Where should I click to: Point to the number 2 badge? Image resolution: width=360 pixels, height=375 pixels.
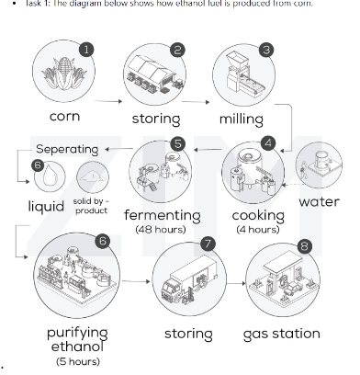coord(178,51)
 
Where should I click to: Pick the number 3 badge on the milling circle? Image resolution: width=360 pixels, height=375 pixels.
coord(266,51)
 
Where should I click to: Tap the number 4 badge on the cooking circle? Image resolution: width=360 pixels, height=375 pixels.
coord(267,142)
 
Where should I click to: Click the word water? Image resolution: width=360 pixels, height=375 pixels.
coord(320,201)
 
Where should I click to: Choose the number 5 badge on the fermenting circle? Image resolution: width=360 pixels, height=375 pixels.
coord(178,143)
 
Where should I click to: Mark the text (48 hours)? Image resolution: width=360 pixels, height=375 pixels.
coord(161,229)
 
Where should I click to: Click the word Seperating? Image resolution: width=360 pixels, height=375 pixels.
coord(67,149)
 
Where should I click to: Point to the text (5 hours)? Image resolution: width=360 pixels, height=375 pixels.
coord(77,361)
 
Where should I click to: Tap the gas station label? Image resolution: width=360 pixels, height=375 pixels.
coord(281,333)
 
